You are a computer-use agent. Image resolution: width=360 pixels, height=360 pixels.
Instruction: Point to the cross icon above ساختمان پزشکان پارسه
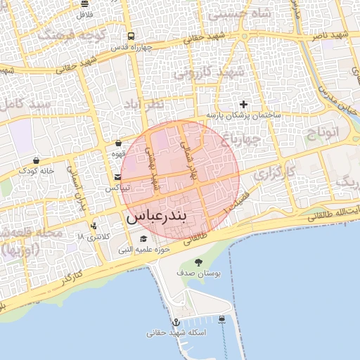244,104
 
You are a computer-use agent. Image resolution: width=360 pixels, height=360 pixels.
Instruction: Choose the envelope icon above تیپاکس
117,178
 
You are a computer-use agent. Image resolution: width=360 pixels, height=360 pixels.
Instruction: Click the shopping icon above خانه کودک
36,160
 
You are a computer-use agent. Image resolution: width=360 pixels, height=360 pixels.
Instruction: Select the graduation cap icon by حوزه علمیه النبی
143,239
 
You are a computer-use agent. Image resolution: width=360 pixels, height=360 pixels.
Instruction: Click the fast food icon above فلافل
84,4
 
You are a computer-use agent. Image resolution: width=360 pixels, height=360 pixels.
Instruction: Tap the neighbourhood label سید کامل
23,103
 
